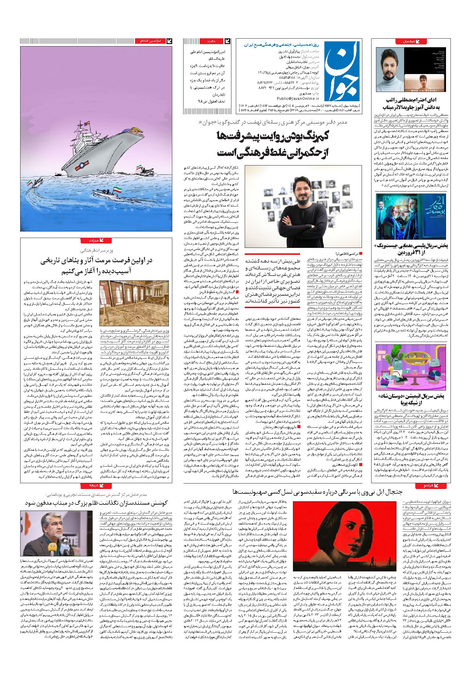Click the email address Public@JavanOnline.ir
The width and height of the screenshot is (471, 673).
[x=277, y=98]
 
